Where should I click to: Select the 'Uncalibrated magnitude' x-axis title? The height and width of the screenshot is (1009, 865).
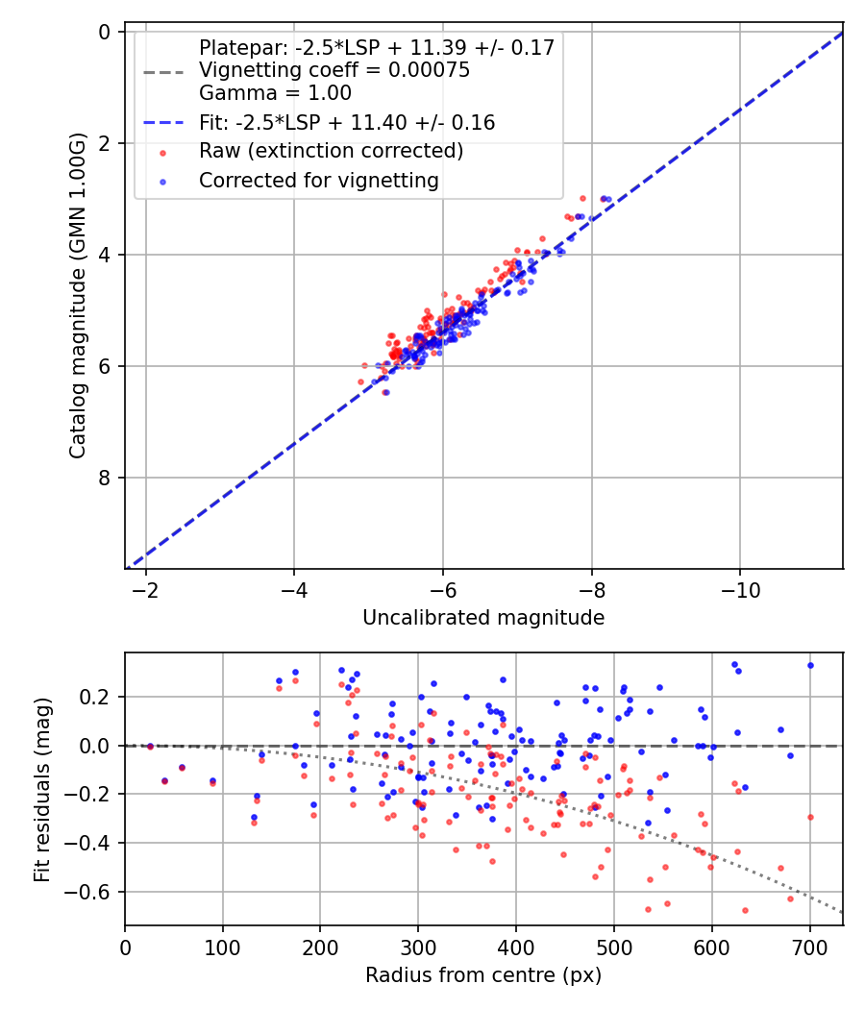click(483, 618)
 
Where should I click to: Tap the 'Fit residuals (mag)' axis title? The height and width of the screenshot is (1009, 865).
click(41, 790)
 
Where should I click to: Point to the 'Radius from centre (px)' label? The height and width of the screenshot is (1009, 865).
click(483, 974)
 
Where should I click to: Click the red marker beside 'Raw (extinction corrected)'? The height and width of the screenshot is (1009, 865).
click(161, 152)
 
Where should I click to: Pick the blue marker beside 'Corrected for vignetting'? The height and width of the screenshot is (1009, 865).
click(161, 181)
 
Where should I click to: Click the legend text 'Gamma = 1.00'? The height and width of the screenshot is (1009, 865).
click(275, 93)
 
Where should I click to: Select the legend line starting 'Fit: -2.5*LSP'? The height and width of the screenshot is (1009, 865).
click(347, 122)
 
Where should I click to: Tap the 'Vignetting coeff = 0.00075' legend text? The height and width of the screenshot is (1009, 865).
click(334, 70)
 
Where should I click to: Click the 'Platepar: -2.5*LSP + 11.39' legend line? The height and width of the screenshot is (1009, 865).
click(377, 47)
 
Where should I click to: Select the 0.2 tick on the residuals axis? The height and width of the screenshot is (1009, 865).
click(100, 697)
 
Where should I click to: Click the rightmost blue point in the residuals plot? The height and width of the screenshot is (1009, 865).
click(810, 665)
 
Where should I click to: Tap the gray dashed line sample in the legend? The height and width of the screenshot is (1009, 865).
click(161, 71)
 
